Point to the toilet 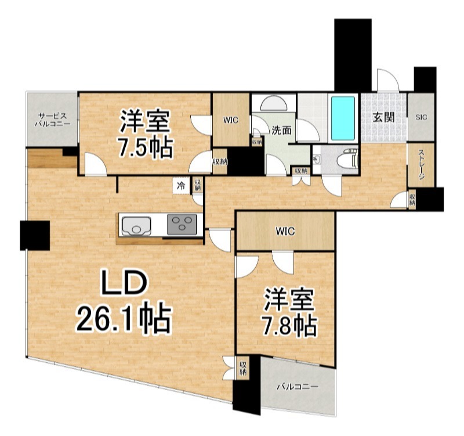347,157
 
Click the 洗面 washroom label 281,131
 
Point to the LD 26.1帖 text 125,302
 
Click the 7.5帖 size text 145,148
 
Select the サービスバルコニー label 52,120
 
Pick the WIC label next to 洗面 231,120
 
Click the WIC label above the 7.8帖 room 285,231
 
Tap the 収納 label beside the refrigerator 198,186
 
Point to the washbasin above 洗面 273,105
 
